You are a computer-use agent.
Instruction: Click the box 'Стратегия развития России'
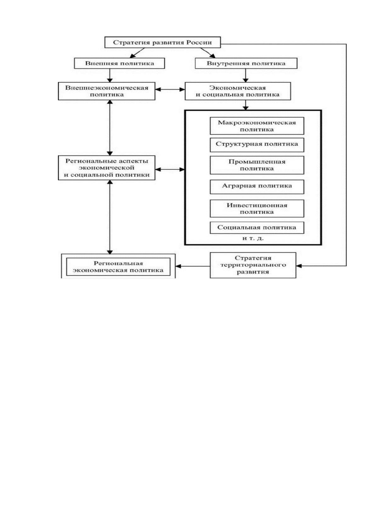coord(162,42)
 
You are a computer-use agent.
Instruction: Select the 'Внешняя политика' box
coord(119,63)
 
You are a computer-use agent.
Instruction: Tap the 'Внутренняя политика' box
coord(246,63)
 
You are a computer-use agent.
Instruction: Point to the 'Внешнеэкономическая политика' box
coord(106,91)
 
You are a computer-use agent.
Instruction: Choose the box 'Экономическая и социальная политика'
coord(238,91)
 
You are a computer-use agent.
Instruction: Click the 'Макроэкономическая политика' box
coord(257,126)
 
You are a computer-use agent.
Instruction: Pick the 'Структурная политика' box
coord(257,145)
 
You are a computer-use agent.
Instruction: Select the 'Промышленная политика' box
coord(257,165)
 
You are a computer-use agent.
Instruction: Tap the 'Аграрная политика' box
coord(257,187)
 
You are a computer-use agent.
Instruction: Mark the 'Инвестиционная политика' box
coord(257,208)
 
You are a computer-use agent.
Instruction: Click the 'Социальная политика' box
coord(257,228)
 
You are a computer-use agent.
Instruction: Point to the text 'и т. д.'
coord(253,238)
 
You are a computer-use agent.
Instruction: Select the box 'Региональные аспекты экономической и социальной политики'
coord(106,168)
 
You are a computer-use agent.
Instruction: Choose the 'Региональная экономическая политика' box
coord(118,267)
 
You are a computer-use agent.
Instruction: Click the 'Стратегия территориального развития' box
coord(253,265)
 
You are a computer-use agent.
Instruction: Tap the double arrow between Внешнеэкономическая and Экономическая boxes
coord(170,89)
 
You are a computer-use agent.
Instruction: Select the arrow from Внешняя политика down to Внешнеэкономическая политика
coord(110,76)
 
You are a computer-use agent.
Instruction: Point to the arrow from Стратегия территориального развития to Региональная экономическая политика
coord(192,266)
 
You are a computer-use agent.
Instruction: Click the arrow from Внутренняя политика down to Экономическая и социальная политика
coord(246,76)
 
